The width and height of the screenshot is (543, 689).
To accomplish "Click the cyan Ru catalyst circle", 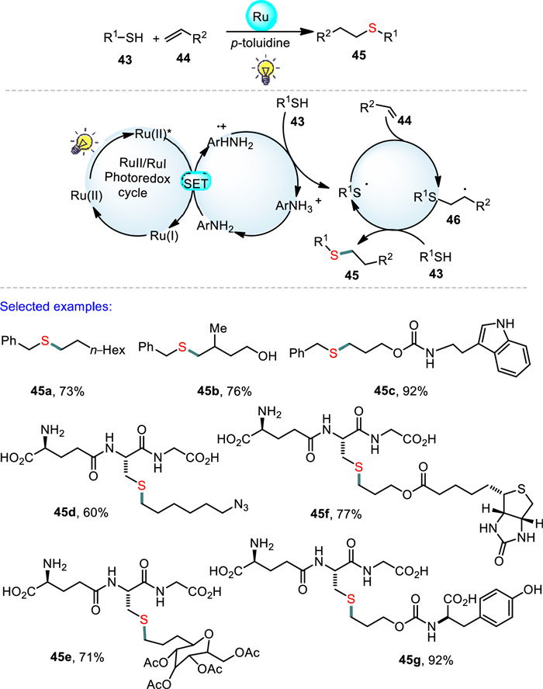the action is click(261, 17).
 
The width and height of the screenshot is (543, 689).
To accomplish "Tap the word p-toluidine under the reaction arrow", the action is click(261, 43).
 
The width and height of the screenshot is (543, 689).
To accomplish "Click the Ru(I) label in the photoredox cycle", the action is click(164, 236).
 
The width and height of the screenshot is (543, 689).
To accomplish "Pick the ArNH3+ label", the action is click(299, 205).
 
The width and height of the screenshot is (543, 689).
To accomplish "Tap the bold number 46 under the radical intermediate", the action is click(453, 219).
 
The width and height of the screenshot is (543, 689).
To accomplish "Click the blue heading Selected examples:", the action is click(56, 306).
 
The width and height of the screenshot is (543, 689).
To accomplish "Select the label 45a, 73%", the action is click(57, 390).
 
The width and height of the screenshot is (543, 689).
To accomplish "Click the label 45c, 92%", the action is click(401, 390).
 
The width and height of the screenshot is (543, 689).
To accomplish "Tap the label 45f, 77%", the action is click(336, 513).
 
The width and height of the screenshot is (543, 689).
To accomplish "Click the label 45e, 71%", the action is click(77, 657).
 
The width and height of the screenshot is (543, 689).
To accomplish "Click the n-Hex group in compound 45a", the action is click(108, 350).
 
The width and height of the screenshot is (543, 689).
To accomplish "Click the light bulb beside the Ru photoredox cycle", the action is click(83, 141).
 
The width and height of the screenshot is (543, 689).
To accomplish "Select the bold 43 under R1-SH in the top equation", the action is click(125, 60).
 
